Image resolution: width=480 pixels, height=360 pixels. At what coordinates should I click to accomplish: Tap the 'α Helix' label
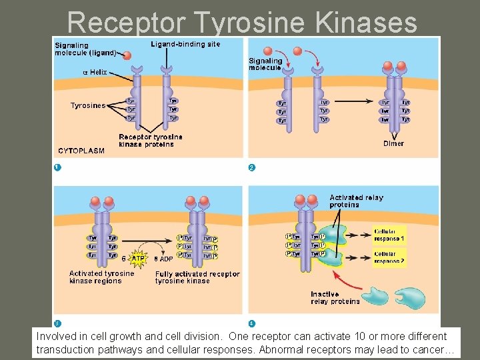point(94,72)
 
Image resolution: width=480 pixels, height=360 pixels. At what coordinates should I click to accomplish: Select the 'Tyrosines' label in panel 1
point(88,105)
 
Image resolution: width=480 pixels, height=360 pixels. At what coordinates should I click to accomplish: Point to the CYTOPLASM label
point(81,151)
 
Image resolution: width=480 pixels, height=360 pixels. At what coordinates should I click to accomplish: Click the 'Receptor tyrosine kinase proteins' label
point(150,141)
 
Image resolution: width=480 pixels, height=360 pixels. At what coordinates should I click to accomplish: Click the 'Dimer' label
point(393,143)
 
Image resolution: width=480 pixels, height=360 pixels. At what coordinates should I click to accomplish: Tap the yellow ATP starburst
point(138,258)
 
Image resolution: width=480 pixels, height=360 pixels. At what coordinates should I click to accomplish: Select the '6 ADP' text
point(164,259)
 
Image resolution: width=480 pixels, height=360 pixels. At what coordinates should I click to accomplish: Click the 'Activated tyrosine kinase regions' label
point(101,277)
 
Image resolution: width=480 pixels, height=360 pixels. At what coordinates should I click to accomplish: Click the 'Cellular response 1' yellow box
point(389,235)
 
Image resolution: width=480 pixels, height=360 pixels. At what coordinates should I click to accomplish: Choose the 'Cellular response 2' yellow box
point(389,258)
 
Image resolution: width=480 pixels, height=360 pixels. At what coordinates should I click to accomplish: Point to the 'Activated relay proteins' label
point(356,201)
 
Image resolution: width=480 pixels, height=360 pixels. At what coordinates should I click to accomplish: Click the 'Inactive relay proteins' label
point(335,298)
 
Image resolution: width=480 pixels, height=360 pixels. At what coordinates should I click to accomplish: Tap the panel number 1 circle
point(58,167)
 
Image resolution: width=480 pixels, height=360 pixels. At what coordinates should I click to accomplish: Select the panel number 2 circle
point(251,167)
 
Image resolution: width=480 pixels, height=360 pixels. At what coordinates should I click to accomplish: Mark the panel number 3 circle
point(58,323)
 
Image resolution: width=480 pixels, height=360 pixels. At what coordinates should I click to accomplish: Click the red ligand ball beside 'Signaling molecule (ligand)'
point(127,56)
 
